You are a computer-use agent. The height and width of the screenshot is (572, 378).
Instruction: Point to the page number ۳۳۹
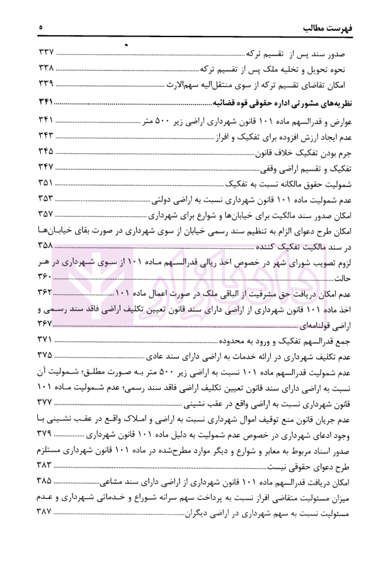[45, 86]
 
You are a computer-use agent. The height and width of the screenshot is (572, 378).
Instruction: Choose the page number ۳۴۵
[45, 153]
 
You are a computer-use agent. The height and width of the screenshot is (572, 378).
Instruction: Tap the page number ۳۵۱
[45, 185]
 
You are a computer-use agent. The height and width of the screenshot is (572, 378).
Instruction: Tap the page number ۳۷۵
[45, 357]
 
